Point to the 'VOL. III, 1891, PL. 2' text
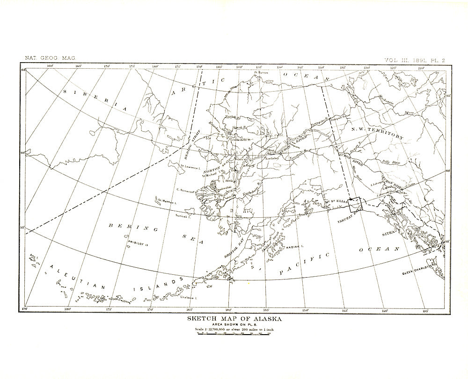click(x=414, y=60)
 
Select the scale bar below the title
click(x=234, y=335)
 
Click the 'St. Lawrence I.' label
click(x=190, y=166)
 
